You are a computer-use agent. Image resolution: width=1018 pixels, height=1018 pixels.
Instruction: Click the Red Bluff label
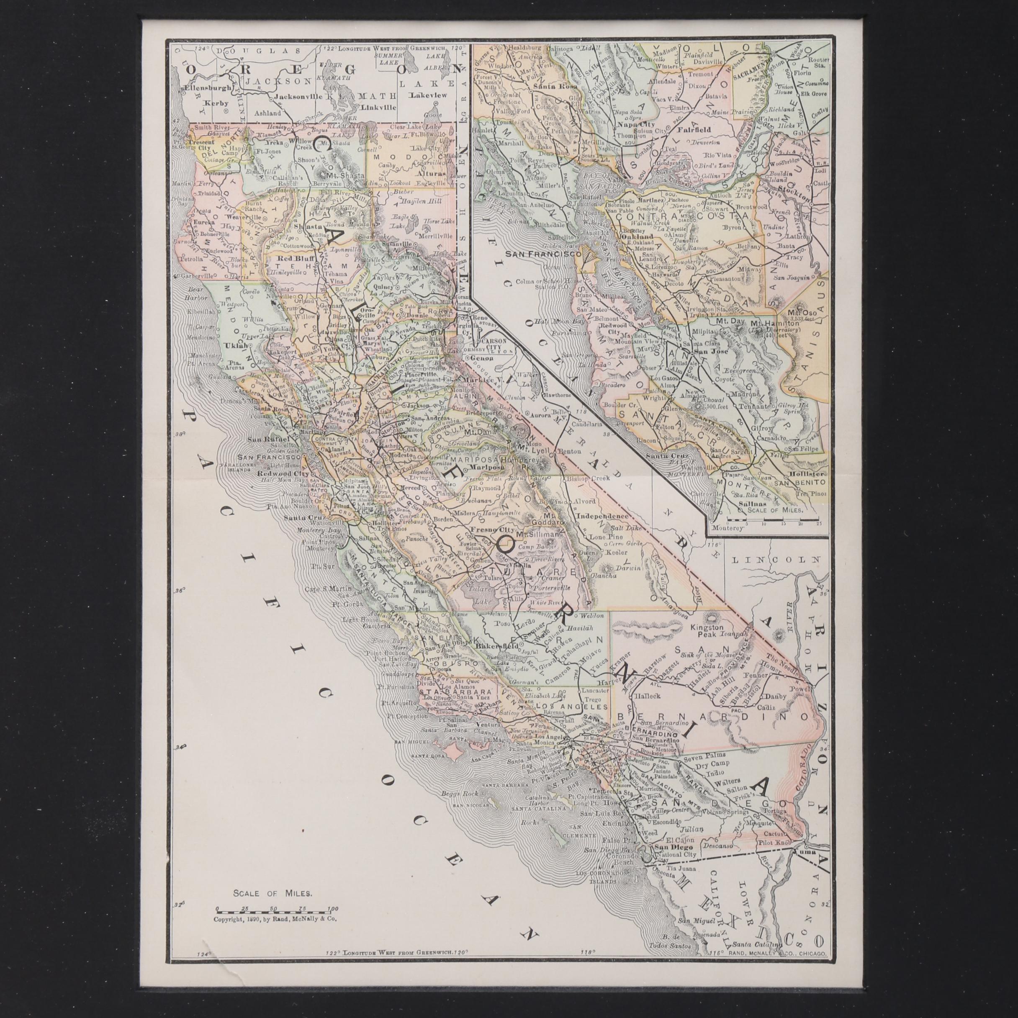(292, 260)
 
